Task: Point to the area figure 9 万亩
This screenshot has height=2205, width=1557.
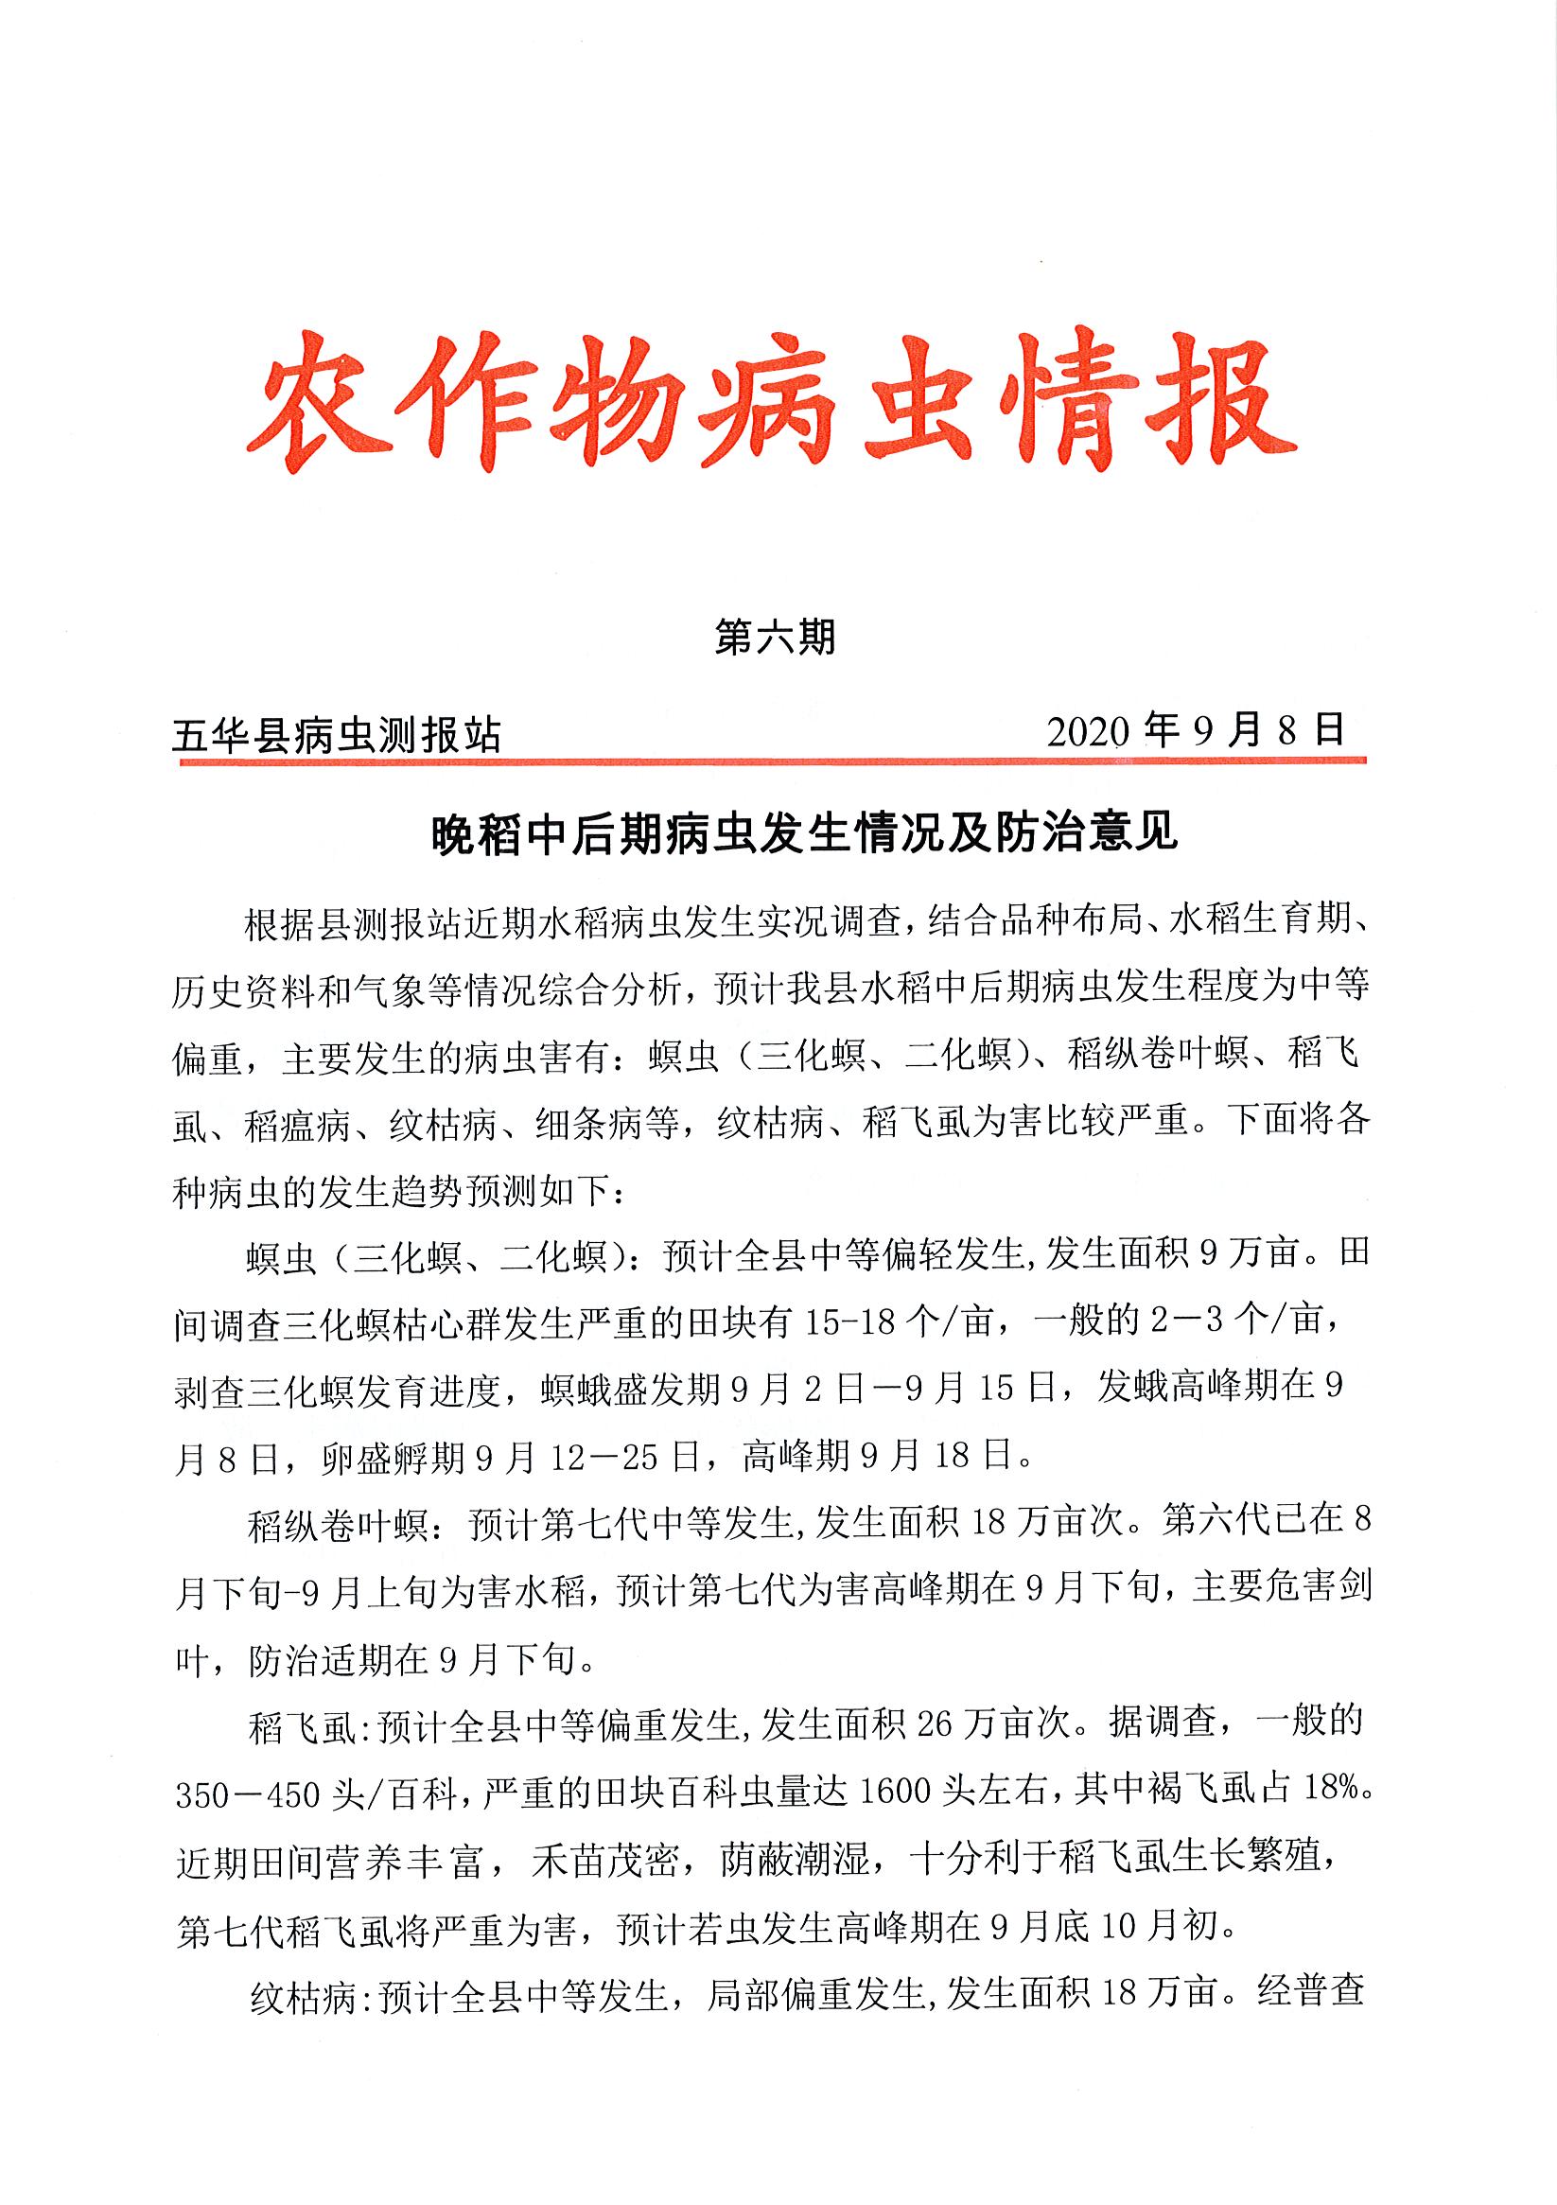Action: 1249,1255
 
